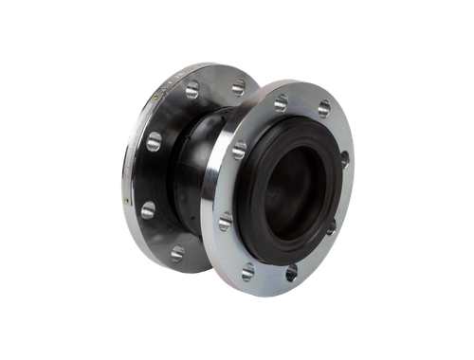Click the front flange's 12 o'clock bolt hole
(x=281, y=103)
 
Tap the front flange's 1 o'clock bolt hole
(x=323, y=109)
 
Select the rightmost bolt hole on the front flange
(x=344, y=158)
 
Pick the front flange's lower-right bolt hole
(x=331, y=225)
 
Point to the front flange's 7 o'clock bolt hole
(x=248, y=273)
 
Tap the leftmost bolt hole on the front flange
(x=226, y=221)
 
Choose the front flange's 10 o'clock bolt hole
(x=239, y=150)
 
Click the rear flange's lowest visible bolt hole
(x=177, y=252)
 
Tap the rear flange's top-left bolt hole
(x=192, y=91)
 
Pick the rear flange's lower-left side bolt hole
(x=147, y=210)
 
